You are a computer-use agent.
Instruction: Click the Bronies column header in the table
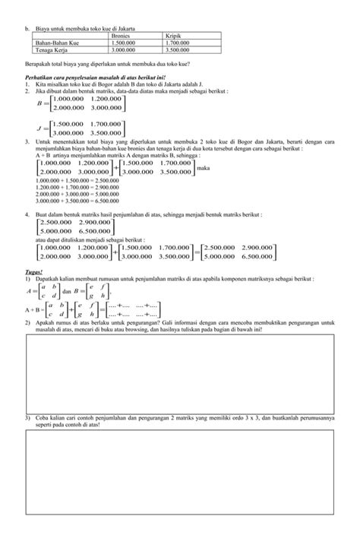[122, 35]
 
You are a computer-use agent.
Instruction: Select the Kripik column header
[174, 35]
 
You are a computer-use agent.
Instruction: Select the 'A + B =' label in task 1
[35, 311]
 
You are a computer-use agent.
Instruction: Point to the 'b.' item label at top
[27, 27]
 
